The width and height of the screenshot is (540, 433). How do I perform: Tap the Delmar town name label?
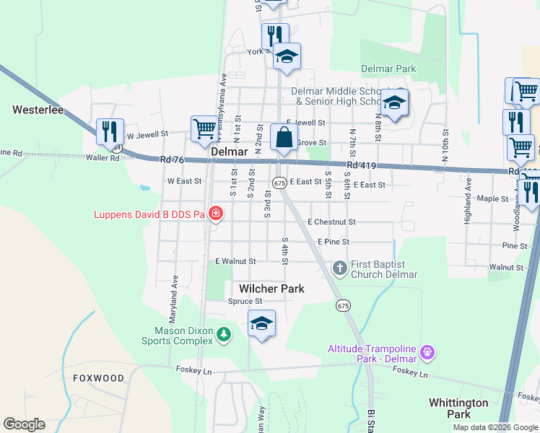click(230, 153)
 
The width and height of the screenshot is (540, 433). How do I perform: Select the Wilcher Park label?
click(271, 289)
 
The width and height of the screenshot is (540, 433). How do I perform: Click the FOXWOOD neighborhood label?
click(98, 378)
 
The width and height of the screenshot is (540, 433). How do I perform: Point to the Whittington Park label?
click(458, 408)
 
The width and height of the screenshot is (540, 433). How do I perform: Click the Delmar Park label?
click(388, 69)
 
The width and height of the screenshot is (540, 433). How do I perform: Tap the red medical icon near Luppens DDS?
click(214, 213)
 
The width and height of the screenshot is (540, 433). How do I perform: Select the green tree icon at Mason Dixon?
click(225, 333)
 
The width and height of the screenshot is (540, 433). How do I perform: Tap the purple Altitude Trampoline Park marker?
click(427, 353)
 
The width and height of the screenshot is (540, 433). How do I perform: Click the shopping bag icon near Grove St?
click(284, 137)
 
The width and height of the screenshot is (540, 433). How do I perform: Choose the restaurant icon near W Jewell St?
click(110, 131)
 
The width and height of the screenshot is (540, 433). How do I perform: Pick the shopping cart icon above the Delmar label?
click(204, 128)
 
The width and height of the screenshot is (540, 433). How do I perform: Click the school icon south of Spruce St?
click(261, 323)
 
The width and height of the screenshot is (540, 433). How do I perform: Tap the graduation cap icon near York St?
click(287, 57)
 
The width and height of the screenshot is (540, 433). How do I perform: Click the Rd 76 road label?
click(173, 159)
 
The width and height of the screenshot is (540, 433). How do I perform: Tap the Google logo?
click(24, 424)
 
